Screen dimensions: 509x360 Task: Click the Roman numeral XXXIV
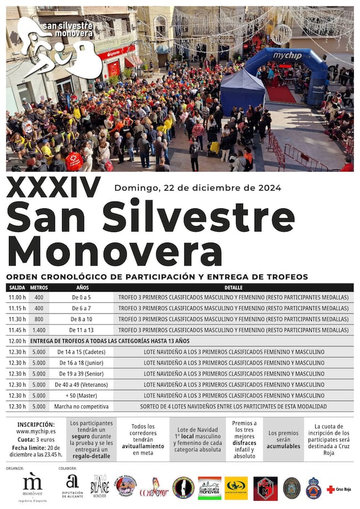point(54,188)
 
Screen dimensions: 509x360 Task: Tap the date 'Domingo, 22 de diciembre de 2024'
point(198,188)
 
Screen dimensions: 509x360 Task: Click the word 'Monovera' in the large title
point(115,251)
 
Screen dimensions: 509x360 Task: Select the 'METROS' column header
point(39,288)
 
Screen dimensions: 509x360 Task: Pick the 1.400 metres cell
point(39,330)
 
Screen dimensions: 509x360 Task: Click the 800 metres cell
point(39,319)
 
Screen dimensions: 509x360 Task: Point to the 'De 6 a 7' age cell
point(81,309)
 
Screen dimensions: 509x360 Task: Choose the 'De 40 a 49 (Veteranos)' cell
point(81,385)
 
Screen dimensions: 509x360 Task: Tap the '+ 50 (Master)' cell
point(81,396)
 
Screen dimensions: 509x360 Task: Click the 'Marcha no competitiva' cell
point(81,407)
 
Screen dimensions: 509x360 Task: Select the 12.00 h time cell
point(17,341)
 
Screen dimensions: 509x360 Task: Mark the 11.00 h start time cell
point(17,297)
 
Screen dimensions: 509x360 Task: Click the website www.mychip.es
point(36,431)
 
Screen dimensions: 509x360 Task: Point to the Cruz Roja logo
point(339,489)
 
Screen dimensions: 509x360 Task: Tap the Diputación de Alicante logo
point(72,486)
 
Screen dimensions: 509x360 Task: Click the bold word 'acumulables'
point(283,446)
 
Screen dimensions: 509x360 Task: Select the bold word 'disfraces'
point(244,443)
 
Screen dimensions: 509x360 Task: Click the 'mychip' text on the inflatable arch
point(286,55)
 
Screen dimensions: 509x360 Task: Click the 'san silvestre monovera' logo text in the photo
point(68,30)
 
